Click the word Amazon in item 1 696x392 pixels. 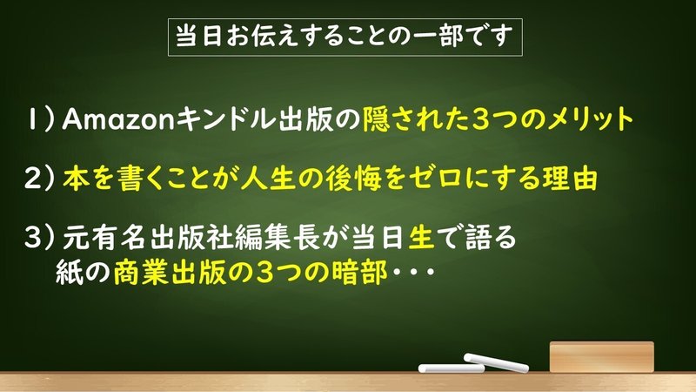118,119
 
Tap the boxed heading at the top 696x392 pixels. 345,37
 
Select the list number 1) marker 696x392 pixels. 41,119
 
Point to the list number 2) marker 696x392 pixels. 39,179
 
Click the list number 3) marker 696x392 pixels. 39,237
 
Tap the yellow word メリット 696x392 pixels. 591,119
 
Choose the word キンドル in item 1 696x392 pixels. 226,119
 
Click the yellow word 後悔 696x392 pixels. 354,179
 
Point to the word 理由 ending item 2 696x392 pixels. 570,179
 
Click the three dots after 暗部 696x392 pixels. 412,272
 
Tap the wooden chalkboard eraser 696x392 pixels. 601,356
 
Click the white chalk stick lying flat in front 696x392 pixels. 452,368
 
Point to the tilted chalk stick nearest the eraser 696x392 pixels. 496,362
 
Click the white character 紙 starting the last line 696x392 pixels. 70,273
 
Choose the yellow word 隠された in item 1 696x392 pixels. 416,119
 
